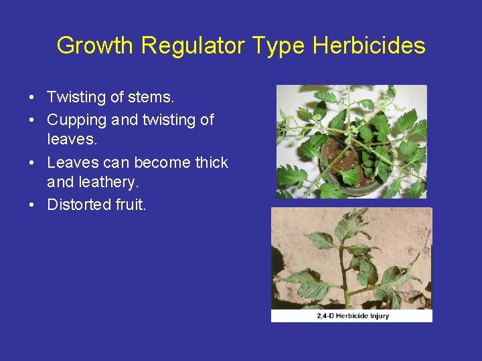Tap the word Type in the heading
(x=278, y=45)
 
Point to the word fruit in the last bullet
(x=130, y=205)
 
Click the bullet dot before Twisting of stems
(x=32, y=98)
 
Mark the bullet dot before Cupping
(x=32, y=120)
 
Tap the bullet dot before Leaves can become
(x=32, y=163)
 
